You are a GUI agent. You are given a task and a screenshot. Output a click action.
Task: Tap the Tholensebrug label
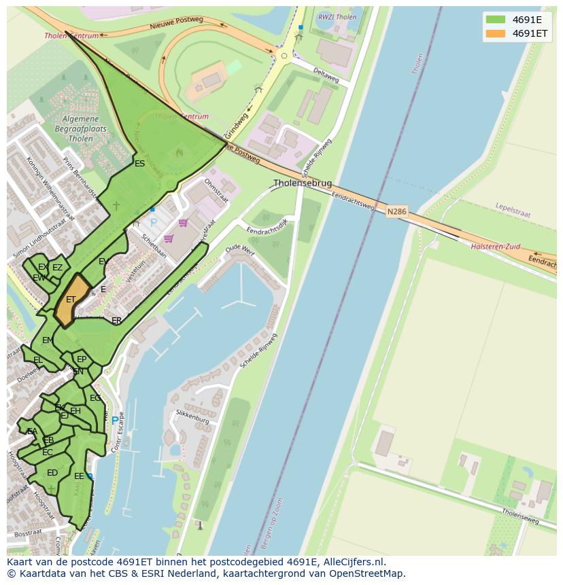tap(303, 183)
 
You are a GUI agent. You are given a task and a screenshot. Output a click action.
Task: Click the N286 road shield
tap(396, 212)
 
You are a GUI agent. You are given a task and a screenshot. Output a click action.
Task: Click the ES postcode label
tap(139, 164)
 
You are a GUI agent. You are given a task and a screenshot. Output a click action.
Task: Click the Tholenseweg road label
tap(520, 516)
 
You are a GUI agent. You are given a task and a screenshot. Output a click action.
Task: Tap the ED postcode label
tap(52, 473)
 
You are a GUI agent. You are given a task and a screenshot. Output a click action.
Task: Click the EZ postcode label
tap(58, 268)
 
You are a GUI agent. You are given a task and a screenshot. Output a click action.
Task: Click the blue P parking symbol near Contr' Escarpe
tap(114, 421)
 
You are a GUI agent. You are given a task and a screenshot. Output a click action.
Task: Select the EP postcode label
tap(82, 359)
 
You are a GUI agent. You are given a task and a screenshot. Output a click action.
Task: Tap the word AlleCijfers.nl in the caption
tap(352, 562)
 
